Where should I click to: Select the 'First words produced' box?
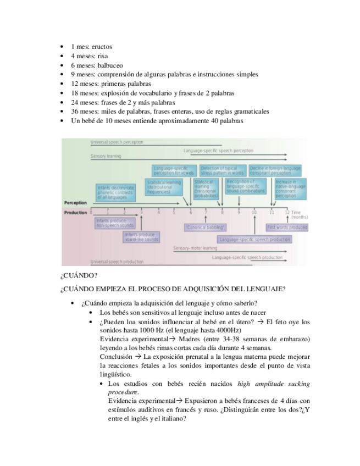pos(287,227)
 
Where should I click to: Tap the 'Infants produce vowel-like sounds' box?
pos(141,237)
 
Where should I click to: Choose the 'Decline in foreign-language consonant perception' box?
pos(275,170)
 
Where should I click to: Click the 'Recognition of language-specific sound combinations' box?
pos(245,185)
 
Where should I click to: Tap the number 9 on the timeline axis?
pos(239,212)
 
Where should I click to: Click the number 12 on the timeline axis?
pos(287,212)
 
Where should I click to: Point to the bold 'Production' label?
pos(75,212)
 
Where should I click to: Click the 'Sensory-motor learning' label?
pos(195,248)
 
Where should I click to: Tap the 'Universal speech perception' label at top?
pos(117,142)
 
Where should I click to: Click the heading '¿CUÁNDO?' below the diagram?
pos(79,275)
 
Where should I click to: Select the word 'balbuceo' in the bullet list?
pos(110,65)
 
